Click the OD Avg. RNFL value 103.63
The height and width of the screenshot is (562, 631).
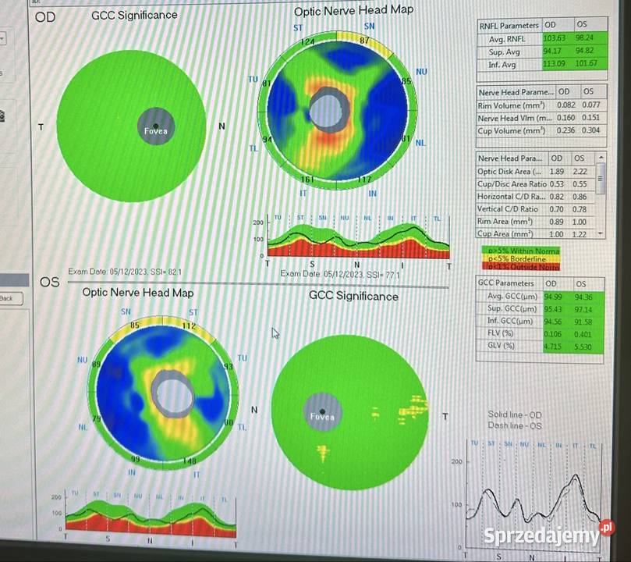555,37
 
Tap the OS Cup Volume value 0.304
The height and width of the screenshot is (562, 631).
590,130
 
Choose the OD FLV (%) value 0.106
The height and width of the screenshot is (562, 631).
554,333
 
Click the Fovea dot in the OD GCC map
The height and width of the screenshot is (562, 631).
155,126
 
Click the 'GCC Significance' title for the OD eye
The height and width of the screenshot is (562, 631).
134,15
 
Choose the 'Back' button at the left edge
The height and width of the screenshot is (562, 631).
7,298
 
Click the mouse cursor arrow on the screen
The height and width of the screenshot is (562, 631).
275,333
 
